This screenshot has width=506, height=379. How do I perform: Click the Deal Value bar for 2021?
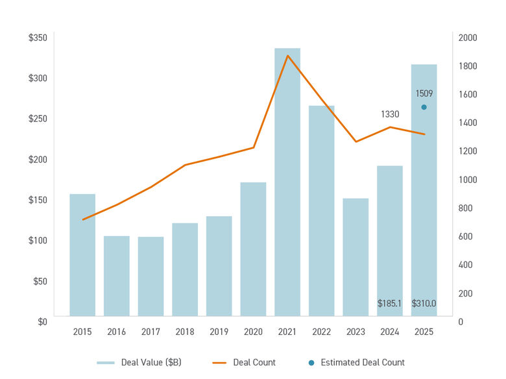pyautogui.click(x=287, y=182)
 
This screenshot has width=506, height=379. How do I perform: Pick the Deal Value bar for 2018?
pyautogui.click(x=185, y=269)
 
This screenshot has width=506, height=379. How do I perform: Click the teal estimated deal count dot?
pyautogui.click(x=424, y=107)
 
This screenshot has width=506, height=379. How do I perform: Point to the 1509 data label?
pyautogui.click(x=424, y=93)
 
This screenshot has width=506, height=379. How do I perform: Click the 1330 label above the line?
pyautogui.click(x=389, y=114)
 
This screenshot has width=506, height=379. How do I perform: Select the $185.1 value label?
pyautogui.click(x=389, y=303)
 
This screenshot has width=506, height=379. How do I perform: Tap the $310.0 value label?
pyautogui.click(x=424, y=303)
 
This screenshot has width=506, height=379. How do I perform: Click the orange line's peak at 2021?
pyautogui.click(x=287, y=56)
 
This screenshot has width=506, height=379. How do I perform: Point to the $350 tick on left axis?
pyautogui.click(x=38, y=38)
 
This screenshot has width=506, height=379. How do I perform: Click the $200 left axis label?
pyautogui.click(x=38, y=159)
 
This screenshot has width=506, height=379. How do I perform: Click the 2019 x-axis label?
pyautogui.click(x=219, y=332)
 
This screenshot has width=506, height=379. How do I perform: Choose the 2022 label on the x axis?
pyautogui.click(x=321, y=332)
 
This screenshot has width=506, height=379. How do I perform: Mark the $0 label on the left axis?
pyautogui.click(x=42, y=321)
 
